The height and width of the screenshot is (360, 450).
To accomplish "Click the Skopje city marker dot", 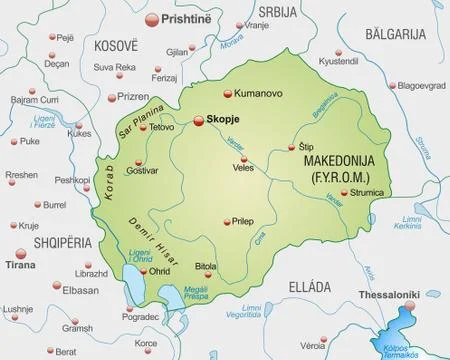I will tap(200, 120).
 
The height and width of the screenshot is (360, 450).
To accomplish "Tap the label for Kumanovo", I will tap(260, 93).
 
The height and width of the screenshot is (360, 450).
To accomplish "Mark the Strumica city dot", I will tap(344, 192).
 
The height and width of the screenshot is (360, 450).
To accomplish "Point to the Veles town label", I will tap(243, 169).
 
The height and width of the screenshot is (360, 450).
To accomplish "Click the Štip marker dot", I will tap(292, 146).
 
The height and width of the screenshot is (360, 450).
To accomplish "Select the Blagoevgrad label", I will tap(419, 85).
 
